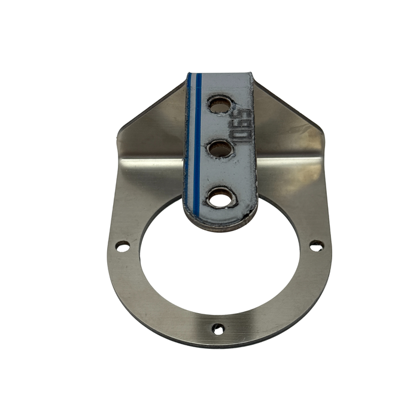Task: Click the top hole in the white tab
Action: tap(219, 105)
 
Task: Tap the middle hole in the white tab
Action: tap(220, 148)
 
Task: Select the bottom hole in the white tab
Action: tap(220, 197)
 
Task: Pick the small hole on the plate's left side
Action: tap(122, 246)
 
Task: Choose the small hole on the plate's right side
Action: tap(315, 245)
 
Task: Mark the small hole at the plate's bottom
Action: tap(218, 329)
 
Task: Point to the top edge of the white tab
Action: tap(220, 74)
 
